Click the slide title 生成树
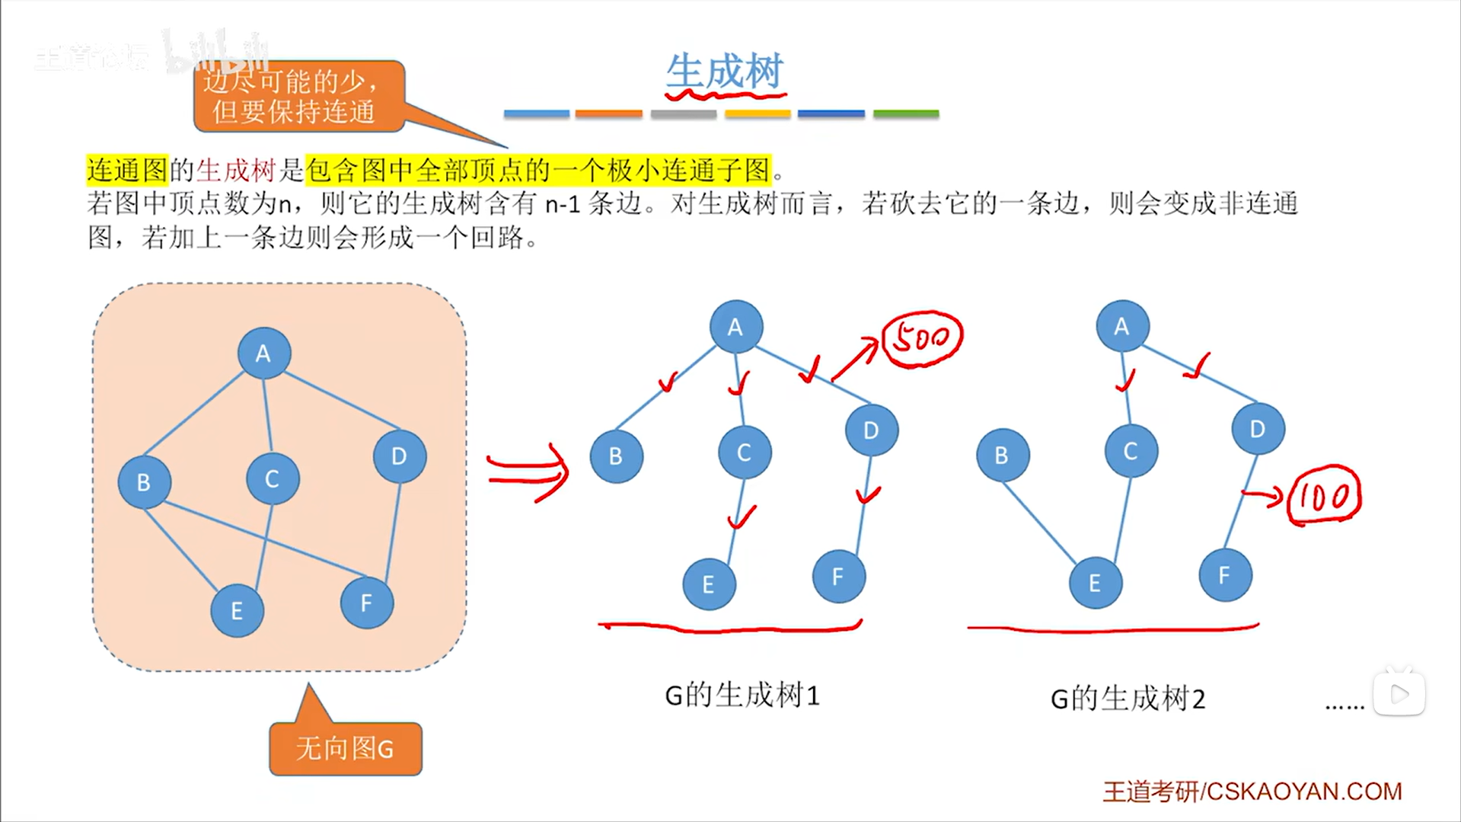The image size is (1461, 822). point(724,72)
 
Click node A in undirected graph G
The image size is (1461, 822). point(263,353)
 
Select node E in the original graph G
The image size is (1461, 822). point(237,610)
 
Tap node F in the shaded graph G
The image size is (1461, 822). point(366,603)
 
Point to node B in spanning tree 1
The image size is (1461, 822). point(616,456)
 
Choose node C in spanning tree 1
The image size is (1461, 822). point(744,453)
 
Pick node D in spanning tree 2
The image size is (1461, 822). point(1257,429)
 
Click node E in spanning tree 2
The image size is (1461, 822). point(1095,583)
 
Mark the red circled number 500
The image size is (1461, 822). point(921,337)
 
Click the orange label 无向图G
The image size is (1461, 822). point(345,749)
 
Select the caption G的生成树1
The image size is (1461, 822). point(742,695)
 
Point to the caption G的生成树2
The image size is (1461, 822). point(1128,698)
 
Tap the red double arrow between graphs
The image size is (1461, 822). point(528,472)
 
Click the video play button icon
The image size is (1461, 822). point(1399,693)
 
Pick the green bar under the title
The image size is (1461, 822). point(905,114)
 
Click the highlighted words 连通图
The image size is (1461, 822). point(126,170)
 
